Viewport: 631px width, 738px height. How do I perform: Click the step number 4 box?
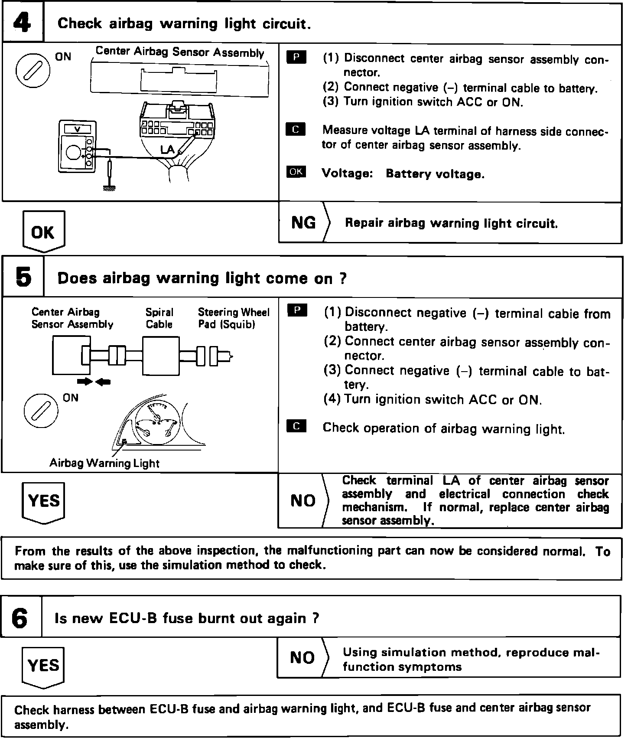(23, 23)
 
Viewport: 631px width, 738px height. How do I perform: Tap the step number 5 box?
(23, 277)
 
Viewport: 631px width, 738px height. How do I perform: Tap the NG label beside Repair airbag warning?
(303, 222)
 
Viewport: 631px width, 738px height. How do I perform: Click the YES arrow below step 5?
(43, 502)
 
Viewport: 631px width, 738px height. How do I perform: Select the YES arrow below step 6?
(43, 666)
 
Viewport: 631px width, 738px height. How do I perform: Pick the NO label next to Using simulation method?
(302, 657)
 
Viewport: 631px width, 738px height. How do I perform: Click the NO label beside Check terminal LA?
(302, 501)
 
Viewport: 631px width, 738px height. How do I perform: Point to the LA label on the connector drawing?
(167, 150)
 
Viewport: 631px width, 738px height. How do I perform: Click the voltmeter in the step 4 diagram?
(78, 147)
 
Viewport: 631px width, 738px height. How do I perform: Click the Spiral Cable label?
(159, 318)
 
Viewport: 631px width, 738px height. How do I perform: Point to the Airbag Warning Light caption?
(104, 463)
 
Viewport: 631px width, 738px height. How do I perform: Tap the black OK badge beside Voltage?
(296, 172)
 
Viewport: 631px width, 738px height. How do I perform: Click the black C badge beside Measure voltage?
(296, 130)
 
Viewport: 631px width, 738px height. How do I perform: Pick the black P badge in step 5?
(297, 310)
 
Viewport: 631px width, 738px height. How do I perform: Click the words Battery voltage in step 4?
(435, 174)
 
